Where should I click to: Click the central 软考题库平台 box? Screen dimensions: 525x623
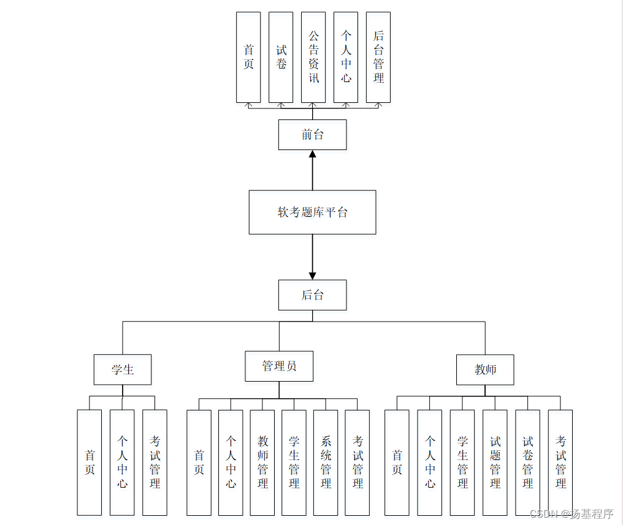tap(312, 212)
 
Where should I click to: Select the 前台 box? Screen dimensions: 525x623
tap(312, 135)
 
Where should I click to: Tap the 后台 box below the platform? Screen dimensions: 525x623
tap(312, 295)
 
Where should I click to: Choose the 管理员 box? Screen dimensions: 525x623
tap(279, 366)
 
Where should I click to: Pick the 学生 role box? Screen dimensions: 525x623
tap(123, 369)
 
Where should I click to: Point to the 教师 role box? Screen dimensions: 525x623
tap(485, 369)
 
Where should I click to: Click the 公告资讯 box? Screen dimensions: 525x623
tap(313, 57)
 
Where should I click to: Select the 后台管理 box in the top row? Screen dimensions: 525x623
tap(378, 57)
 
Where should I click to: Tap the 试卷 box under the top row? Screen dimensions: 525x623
tap(281, 57)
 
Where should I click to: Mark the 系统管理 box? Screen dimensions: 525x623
tap(326, 463)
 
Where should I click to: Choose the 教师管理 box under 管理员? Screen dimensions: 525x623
tap(262, 463)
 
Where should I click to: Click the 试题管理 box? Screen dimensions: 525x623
tap(495, 463)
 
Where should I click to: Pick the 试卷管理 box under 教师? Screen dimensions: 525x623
tap(527, 463)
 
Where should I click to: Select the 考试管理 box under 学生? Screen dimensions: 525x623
tap(155, 463)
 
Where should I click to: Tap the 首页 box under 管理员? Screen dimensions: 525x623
tap(199, 463)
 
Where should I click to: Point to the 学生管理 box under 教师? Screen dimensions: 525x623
tap(462, 463)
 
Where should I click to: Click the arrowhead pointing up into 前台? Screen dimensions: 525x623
tap(312, 154)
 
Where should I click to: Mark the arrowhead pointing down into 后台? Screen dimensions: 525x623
tap(312, 276)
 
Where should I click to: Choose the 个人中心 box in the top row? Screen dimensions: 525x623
tap(346, 57)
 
